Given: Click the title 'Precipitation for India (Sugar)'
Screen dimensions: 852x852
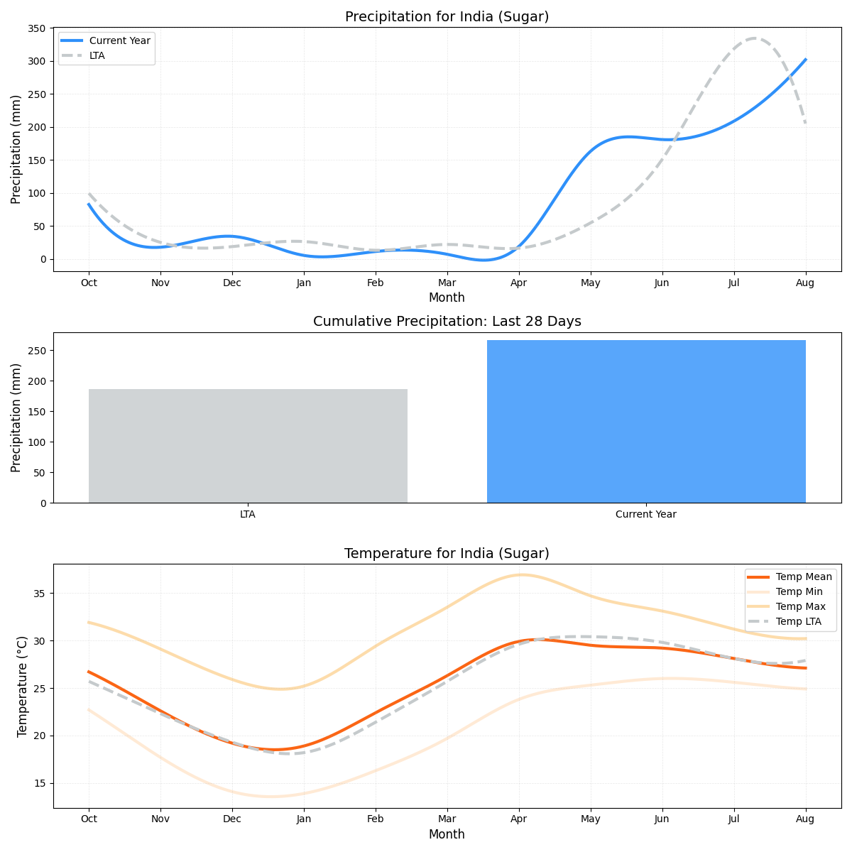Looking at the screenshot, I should (x=447, y=17).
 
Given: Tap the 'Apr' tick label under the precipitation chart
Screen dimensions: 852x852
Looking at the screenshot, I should (x=519, y=283).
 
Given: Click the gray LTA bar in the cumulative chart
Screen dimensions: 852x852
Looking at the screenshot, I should (x=248, y=446).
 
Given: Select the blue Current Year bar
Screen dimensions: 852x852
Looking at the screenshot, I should (x=646, y=422).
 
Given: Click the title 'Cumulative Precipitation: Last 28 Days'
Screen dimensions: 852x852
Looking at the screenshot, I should (x=447, y=322).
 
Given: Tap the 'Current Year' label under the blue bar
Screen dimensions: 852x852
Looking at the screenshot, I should (x=646, y=514).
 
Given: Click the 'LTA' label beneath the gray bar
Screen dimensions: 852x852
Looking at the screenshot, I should (x=248, y=514).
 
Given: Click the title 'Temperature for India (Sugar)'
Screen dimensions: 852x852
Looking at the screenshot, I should (x=447, y=554).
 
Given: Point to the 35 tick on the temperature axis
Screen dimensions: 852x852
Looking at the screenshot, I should (x=40, y=594).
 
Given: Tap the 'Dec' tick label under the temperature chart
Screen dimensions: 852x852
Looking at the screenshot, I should (x=232, y=819).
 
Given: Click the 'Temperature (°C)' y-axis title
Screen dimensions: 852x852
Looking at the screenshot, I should (x=22, y=686).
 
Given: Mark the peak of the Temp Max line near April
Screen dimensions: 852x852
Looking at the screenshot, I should (x=522, y=574).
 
